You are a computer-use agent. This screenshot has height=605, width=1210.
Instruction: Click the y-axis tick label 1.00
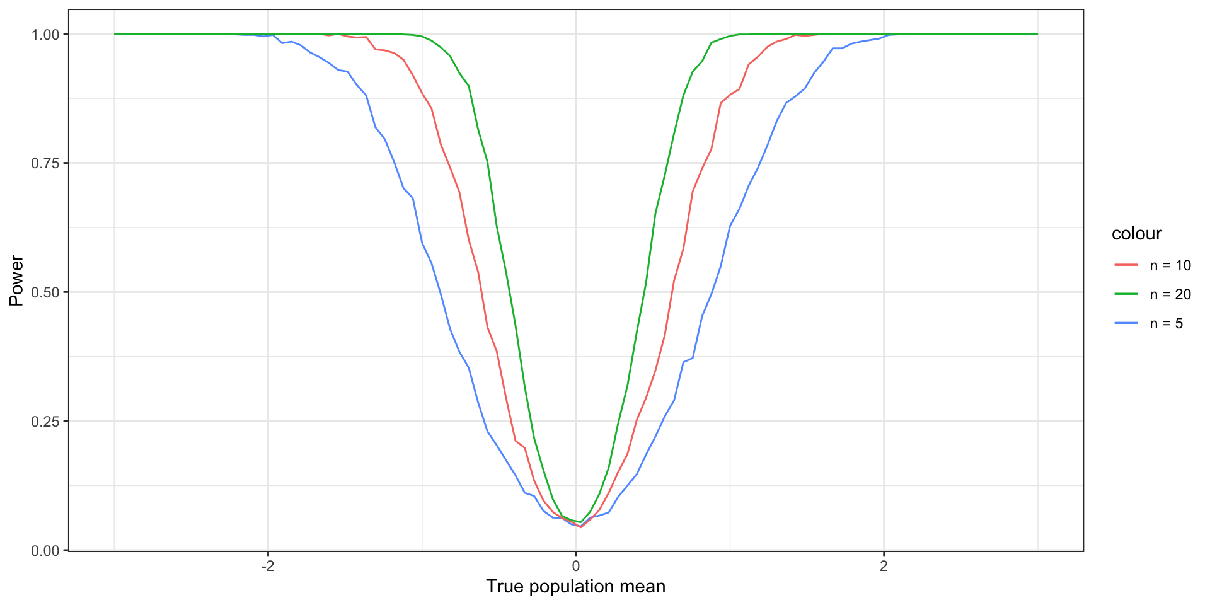click(45, 34)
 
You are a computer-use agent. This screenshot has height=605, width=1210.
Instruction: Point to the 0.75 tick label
click(45, 163)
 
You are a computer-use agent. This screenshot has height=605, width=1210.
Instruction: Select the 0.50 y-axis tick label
click(45, 292)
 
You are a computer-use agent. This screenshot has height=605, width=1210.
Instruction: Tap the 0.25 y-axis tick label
click(45, 422)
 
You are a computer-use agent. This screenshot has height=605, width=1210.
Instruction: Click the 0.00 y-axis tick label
click(45, 551)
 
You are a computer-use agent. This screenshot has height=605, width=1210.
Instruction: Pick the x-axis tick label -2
click(268, 566)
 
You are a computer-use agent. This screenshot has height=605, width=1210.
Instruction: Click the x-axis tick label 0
click(576, 566)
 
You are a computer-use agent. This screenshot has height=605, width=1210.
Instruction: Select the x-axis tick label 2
click(884, 566)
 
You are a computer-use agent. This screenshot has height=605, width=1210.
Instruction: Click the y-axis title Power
click(16, 280)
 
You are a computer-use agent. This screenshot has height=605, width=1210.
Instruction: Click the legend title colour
click(1136, 234)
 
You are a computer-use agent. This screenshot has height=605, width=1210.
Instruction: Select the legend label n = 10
click(1170, 265)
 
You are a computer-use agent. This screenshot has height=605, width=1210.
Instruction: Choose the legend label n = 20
click(1170, 294)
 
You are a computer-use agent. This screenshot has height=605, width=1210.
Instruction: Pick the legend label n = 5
click(1166, 323)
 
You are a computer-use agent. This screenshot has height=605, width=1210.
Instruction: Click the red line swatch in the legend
click(1126, 265)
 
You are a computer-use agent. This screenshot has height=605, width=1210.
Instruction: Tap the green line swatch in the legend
click(1126, 294)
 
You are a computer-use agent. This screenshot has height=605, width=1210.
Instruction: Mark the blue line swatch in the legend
click(1126, 323)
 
